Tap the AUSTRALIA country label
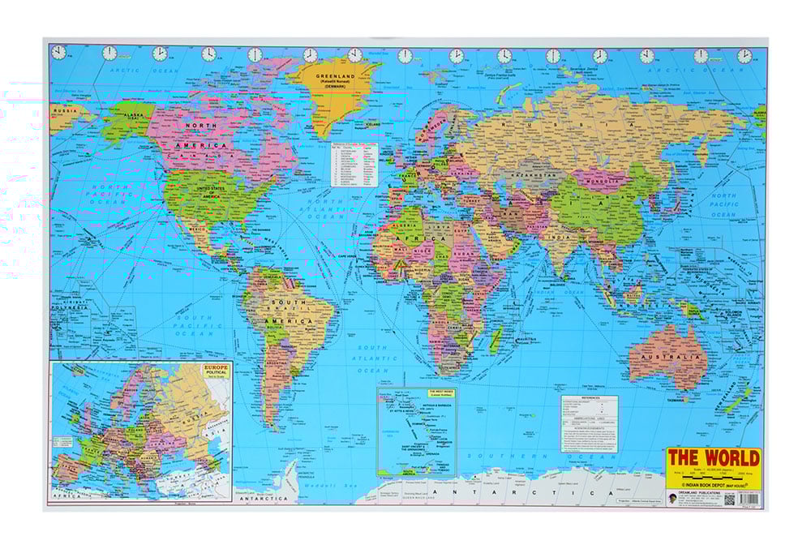(x=669, y=357)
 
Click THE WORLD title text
(x=714, y=457)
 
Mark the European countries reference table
(x=354, y=166)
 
